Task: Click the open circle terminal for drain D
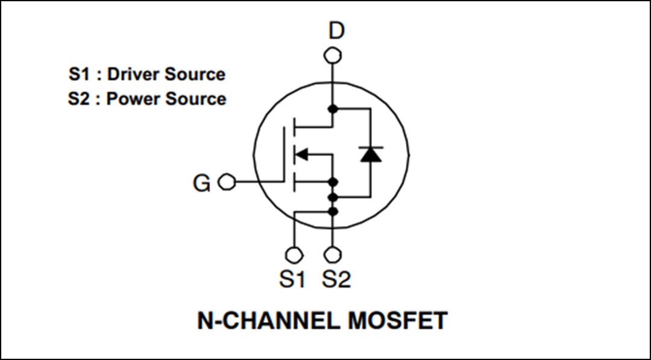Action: (x=332, y=55)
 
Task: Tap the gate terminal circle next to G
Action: (x=226, y=182)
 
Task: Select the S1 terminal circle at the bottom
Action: (x=294, y=254)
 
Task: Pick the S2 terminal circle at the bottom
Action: (x=332, y=254)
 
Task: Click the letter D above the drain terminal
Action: (x=336, y=30)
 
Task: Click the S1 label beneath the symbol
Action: (x=292, y=279)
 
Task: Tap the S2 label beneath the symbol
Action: (x=336, y=279)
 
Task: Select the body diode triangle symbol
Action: (x=370, y=154)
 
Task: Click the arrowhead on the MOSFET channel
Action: (x=301, y=155)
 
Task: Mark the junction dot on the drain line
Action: (x=332, y=109)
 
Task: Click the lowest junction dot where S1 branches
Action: (x=332, y=210)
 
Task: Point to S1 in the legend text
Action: (x=77, y=74)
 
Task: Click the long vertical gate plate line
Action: (x=283, y=154)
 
